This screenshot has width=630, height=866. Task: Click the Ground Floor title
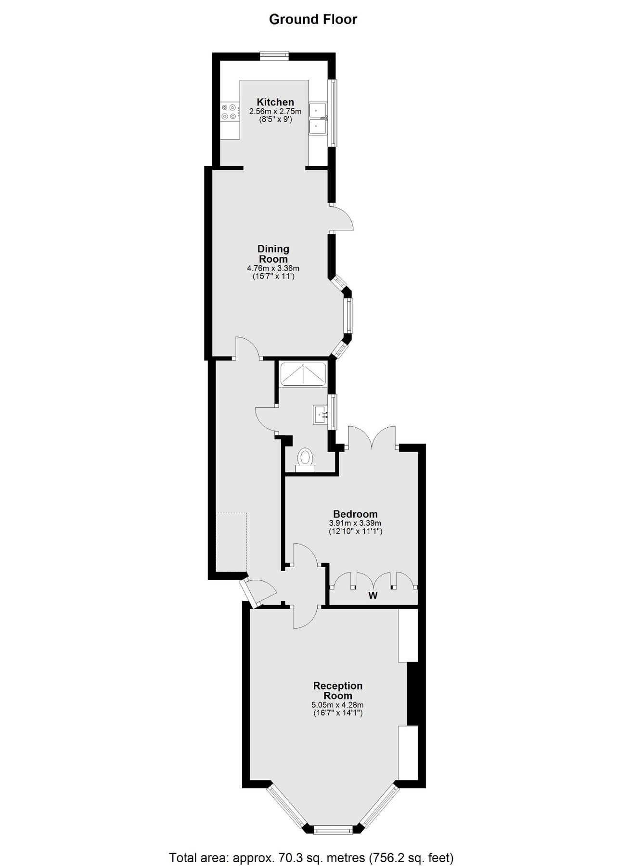313,20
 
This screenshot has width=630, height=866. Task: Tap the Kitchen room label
275,102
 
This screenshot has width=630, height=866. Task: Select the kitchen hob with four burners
230,112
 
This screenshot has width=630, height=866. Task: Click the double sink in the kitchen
318,118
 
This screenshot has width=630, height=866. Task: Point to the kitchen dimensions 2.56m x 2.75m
275,112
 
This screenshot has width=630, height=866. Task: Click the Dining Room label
273,254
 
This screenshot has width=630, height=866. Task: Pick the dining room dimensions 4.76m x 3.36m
273,268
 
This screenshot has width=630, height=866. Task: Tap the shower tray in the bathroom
303,374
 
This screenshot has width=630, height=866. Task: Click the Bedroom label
355,514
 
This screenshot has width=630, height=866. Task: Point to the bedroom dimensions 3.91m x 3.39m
355,523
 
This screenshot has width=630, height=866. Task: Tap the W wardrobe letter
373,596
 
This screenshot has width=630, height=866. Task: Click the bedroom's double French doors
372,438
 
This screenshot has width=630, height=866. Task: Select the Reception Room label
338,690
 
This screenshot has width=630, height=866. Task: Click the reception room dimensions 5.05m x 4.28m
338,705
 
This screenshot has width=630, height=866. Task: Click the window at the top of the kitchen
274,55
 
